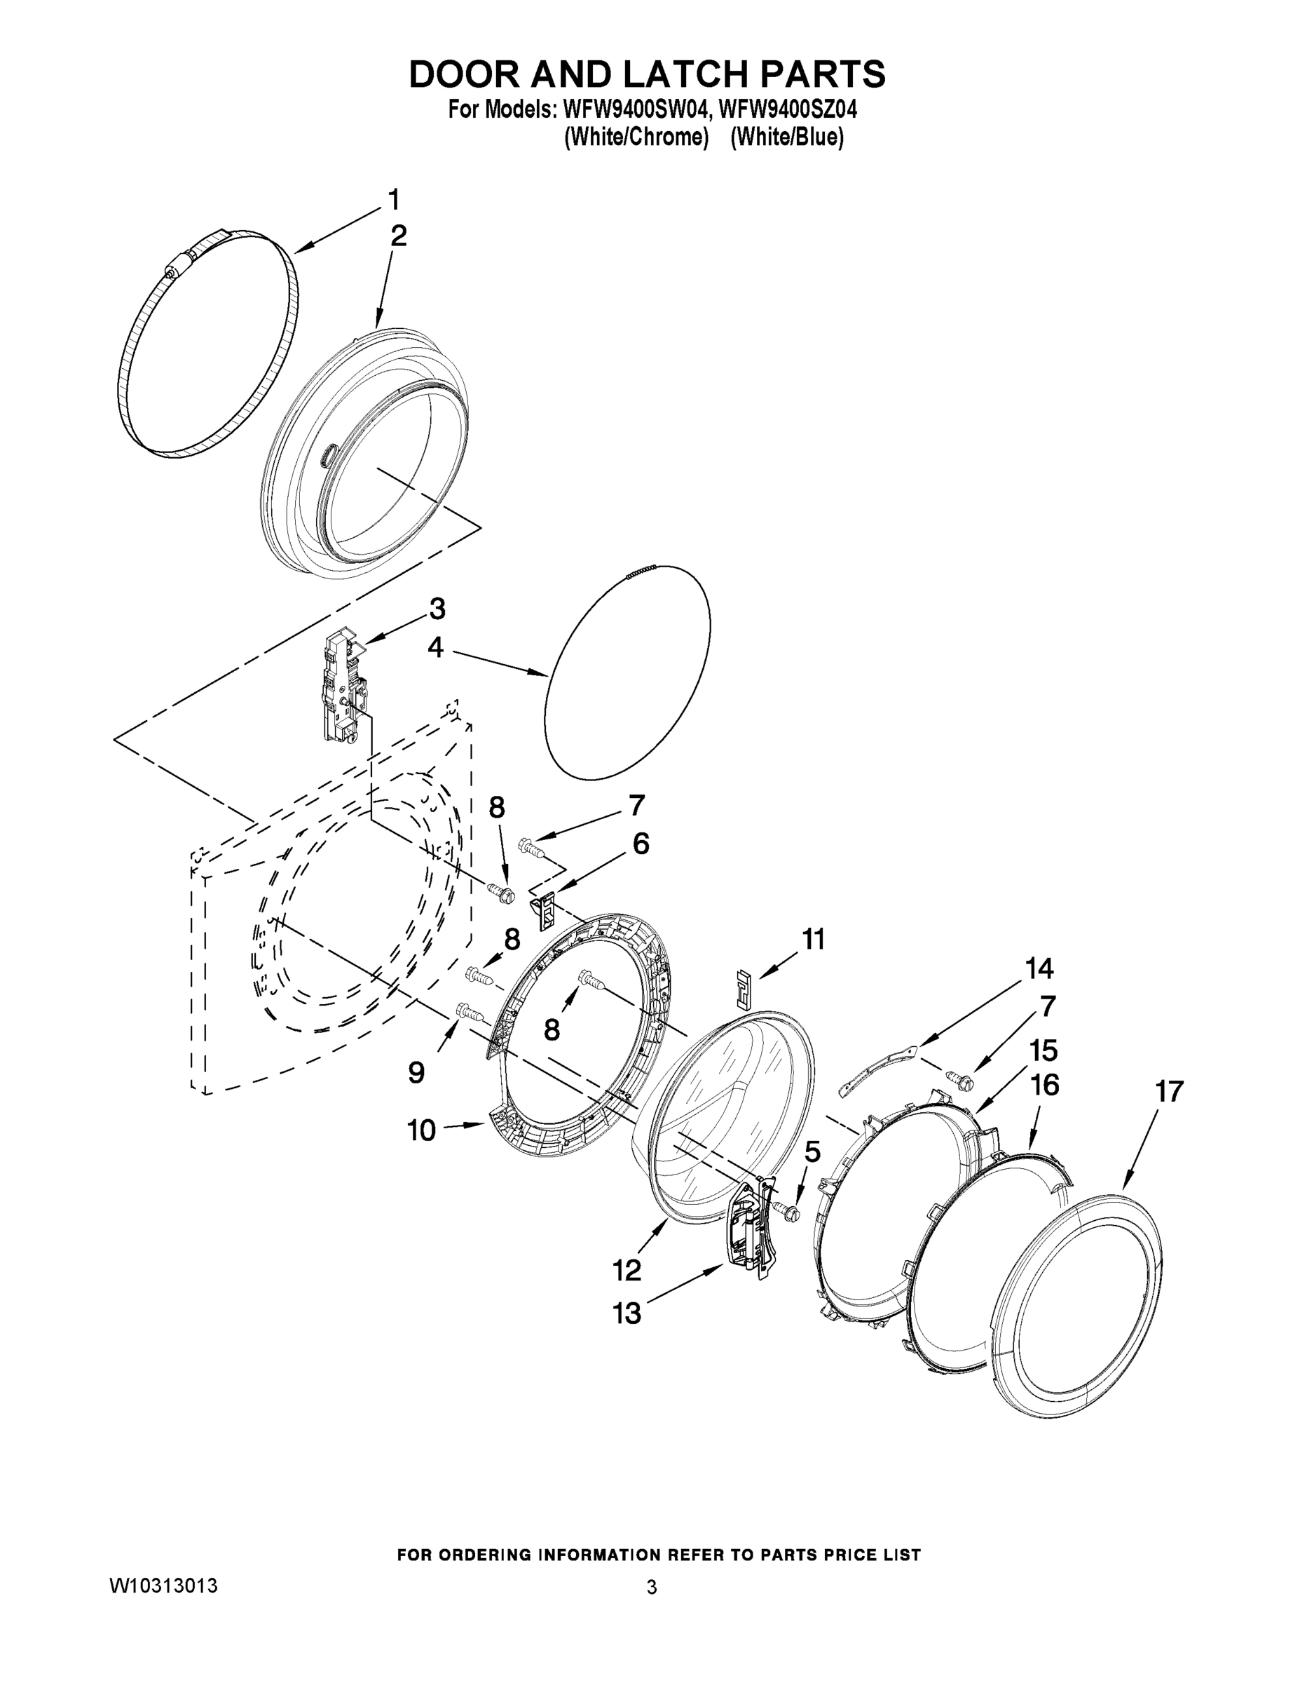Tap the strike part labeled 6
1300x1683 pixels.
tap(545, 908)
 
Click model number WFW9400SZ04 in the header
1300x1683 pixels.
tap(787, 109)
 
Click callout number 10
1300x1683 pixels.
tap(421, 1130)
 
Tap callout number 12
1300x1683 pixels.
tap(627, 1270)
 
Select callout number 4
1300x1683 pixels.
tap(435, 647)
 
